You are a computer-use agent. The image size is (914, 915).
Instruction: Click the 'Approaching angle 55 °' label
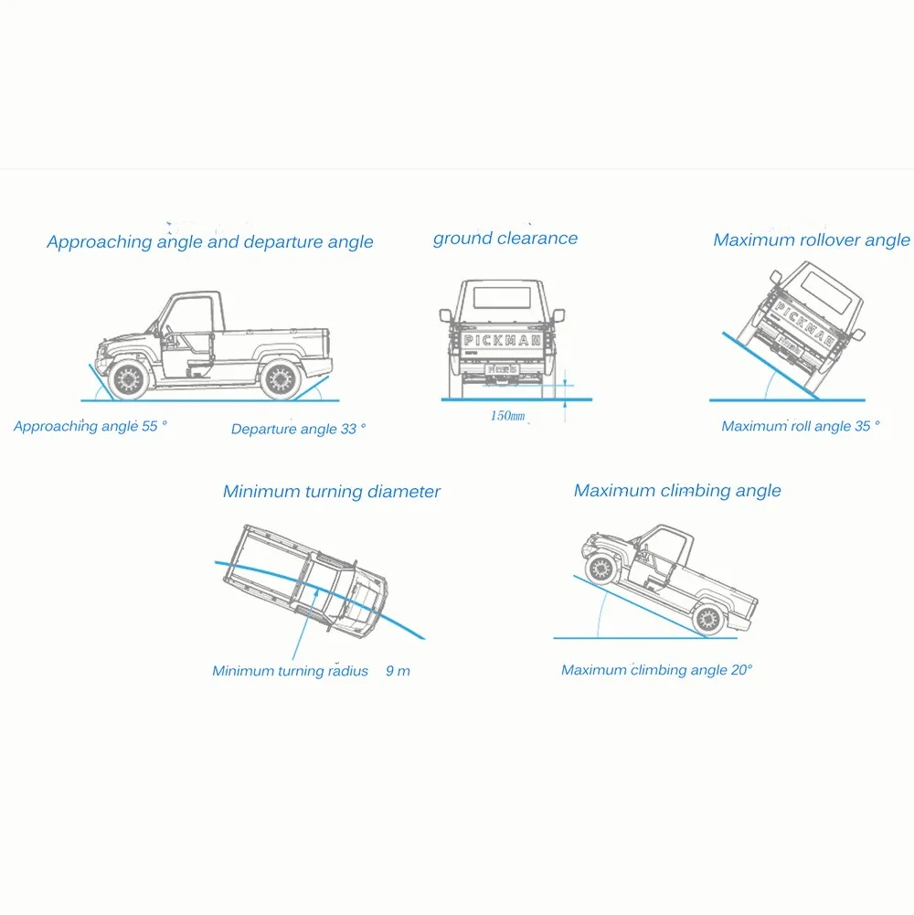[x=90, y=426]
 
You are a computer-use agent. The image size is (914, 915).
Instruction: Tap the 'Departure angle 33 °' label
[x=298, y=429]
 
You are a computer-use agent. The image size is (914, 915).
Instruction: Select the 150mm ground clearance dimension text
[x=507, y=416]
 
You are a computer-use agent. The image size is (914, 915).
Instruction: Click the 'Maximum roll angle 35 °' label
[x=800, y=426]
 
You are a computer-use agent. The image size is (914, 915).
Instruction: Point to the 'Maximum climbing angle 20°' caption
[x=656, y=670]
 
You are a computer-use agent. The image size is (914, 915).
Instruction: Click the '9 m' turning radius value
[x=398, y=671]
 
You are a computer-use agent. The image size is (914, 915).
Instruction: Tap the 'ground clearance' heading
[x=505, y=238]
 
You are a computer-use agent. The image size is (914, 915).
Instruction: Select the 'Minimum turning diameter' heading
[x=332, y=492]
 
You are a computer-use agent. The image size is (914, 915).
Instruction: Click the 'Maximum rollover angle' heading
[x=812, y=239]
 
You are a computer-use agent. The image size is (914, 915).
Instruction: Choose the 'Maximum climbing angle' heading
[x=677, y=491]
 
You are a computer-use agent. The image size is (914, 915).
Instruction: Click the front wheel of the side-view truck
[x=127, y=379]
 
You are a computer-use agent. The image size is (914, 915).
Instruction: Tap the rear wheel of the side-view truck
[x=281, y=379]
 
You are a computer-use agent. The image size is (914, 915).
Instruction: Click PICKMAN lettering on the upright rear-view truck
[x=502, y=340]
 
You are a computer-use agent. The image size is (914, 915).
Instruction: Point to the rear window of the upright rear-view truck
[x=502, y=298]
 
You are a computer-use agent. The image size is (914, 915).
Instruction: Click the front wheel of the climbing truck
[x=600, y=568]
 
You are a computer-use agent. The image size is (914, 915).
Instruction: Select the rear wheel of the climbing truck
[x=708, y=619]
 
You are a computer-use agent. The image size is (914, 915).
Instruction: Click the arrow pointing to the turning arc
[x=304, y=624]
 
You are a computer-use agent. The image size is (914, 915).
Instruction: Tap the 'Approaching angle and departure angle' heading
[x=210, y=241]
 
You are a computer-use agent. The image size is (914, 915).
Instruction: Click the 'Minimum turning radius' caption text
[x=290, y=671]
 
